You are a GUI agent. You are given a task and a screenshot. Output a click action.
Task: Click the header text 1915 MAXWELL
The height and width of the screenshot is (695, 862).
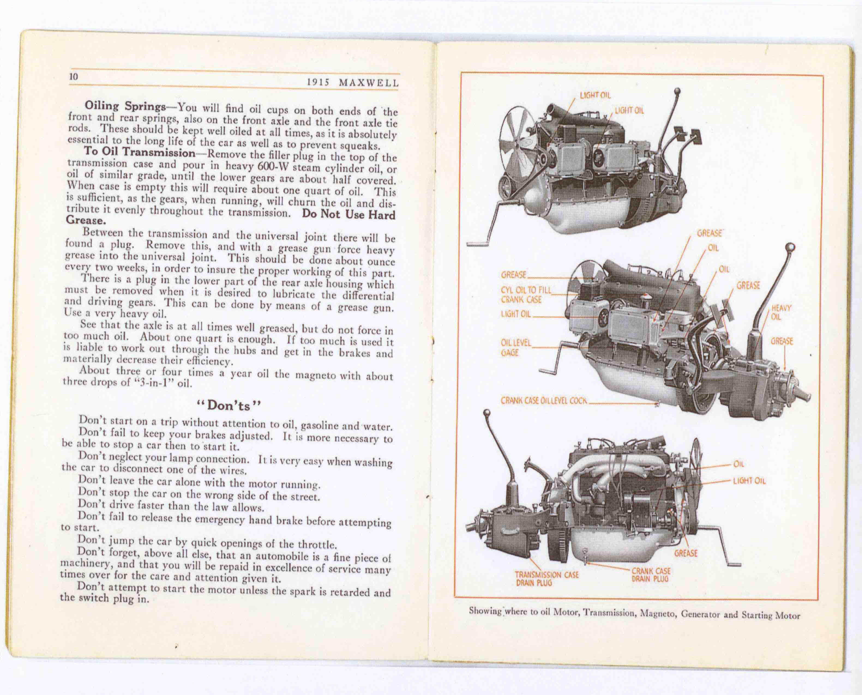tap(353, 83)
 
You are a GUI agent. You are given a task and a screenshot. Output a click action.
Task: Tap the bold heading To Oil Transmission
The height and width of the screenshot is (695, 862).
tap(139, 153)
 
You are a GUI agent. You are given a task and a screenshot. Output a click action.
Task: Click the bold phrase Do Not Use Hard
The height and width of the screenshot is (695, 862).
tap(348, 214)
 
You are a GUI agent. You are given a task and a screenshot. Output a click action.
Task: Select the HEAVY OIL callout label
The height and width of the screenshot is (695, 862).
tap(781, 312)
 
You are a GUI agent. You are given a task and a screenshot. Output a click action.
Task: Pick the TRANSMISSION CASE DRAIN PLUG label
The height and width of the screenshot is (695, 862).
tap(546, 579)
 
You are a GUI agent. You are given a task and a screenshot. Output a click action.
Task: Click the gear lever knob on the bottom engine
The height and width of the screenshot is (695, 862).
tap(487, 413)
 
